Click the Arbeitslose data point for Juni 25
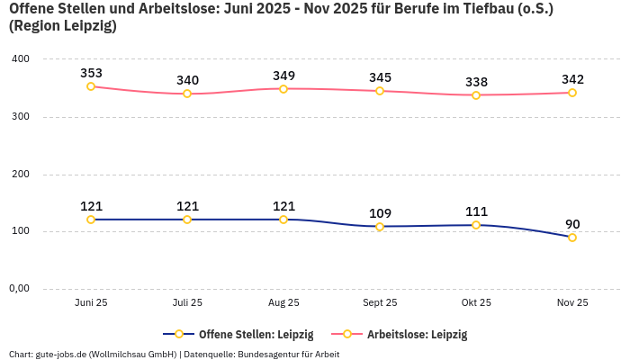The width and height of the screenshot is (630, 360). click(91, 86)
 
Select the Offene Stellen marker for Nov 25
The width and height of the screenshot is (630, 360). click(572, 238)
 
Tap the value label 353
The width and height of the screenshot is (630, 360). click(91, 73)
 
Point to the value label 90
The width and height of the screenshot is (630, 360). click(572, 224)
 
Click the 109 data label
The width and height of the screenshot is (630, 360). click(380, 213)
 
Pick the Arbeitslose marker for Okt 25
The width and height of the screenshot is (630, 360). click(476, 95)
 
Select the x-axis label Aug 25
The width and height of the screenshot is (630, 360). click(283, 303)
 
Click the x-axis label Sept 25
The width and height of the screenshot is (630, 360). click(380, 303)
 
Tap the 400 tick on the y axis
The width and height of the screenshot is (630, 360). click(20, 59)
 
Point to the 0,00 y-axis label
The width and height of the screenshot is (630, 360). click(20, 289)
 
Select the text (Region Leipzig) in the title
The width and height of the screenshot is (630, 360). click(63, 26)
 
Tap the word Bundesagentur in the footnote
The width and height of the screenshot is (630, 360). click(274, 354)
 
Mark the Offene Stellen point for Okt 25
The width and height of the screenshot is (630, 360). click(476, 225)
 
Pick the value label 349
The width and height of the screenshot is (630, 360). click(283, 76)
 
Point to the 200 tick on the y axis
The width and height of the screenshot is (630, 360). click(20, 175)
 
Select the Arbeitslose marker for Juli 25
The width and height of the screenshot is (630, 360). click(187, 94)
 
